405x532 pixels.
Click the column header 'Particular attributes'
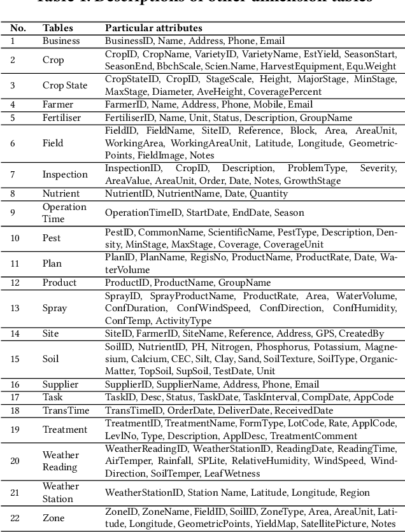click(x=153, y=28)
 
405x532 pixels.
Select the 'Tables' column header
click(x=57, y=28)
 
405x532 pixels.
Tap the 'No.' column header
click(x=18, y=28)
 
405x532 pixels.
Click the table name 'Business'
click(x=61, y=41)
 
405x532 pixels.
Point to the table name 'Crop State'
click(x=65, y=85)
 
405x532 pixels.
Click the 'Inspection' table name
click(x=65, y=174)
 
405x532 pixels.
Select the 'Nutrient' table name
click(x=61, y=193)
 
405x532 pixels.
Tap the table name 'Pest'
click(x=52, y=238)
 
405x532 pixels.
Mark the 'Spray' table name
click(x=55, y=308)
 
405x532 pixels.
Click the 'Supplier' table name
click(x=60, y=384)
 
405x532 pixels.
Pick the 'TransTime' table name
click(x=66, y=410)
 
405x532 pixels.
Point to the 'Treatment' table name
click(x=65, y=430)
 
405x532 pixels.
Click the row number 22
click(x=15, y=518)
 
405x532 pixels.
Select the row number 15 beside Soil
click(x=15, y=359)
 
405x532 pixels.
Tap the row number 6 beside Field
click(x=13, y=143)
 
